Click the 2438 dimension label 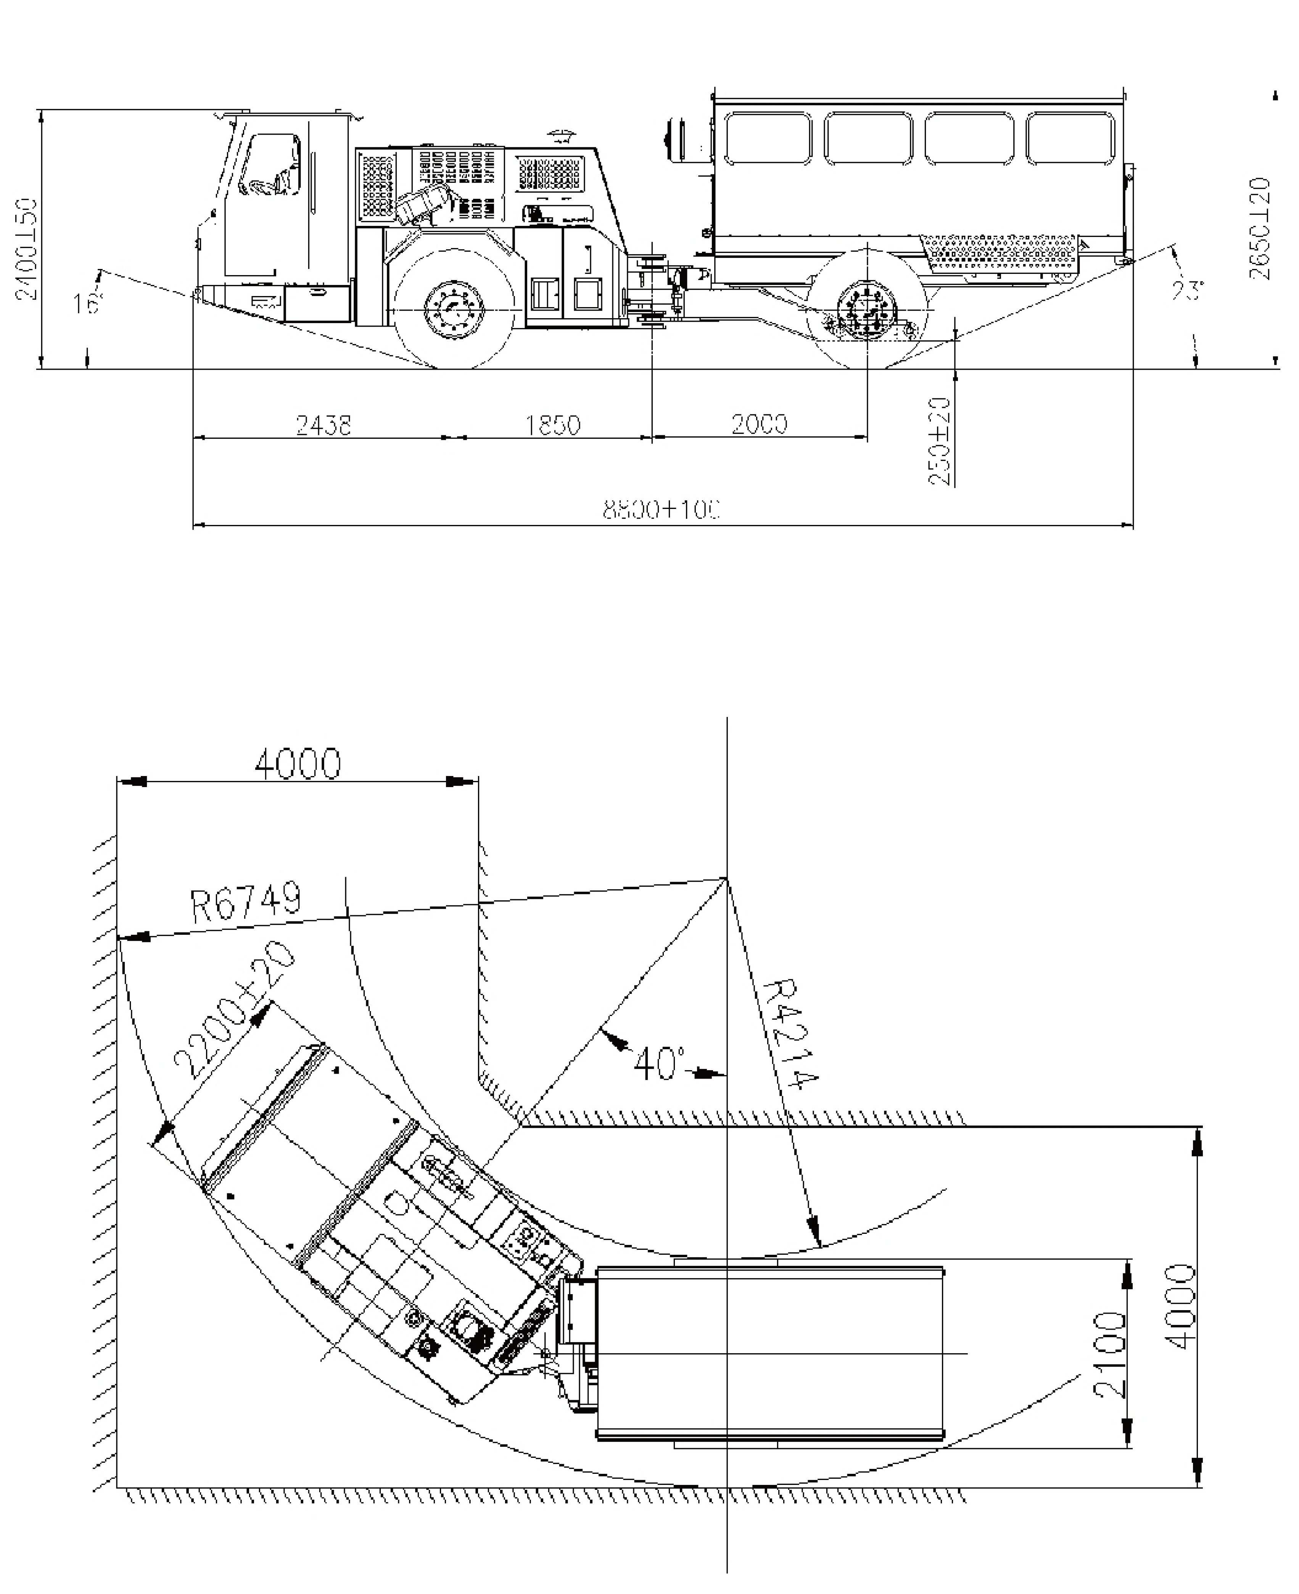[x=323, y=425]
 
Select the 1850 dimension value [x=553, y=425]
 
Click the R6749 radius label [x=247, y=903]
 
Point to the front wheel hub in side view [x=454, y=309]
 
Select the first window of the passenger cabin [x=768, y=138]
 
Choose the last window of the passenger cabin [x=1070, y=138]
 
